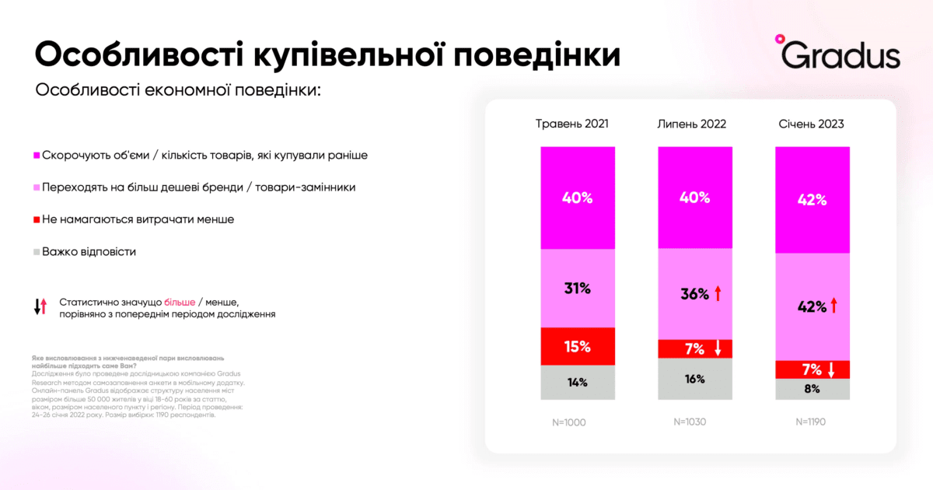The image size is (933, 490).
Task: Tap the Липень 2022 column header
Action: tap(694, 124)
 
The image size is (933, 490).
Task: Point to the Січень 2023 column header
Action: tap(811, 124)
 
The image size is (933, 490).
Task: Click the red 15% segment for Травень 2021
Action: tap(578, 346)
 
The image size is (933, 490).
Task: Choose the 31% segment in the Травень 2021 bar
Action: tap(578, 289)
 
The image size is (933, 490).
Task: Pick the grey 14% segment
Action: tap(578, 382)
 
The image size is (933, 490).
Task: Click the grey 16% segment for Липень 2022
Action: tap(694, 379)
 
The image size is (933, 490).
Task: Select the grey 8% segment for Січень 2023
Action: tap(812, 389)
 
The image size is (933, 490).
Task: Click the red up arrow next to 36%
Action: tap(718, 294)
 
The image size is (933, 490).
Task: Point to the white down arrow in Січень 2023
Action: tap(831, 369)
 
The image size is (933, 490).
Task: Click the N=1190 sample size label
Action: tap(811, 423)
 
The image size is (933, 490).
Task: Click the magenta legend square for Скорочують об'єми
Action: tap(37, 156)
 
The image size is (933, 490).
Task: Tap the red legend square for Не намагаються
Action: tap(37, 220)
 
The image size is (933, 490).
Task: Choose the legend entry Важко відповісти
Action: tap(89, 252)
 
